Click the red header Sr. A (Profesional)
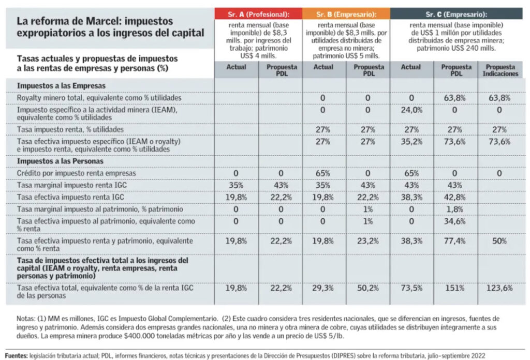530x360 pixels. coord(259,14)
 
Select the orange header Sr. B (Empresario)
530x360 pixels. coord(346,14)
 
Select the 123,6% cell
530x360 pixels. coord(499,288)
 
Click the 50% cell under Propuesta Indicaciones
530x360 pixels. coord(499,241)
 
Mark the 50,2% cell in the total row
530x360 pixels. coord(367,288)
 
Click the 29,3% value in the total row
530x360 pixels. coord(323,288)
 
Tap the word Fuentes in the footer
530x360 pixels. coord(17,356)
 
